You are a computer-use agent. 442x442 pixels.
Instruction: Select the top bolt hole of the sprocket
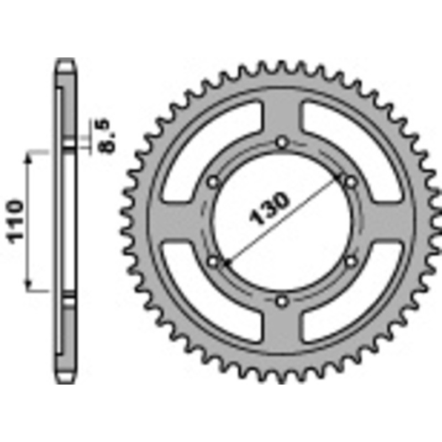tap(282, 143)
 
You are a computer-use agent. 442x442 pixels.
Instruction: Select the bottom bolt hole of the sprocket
tap(282, 301)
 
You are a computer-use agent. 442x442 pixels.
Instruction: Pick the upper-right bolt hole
tap(350, 181)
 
